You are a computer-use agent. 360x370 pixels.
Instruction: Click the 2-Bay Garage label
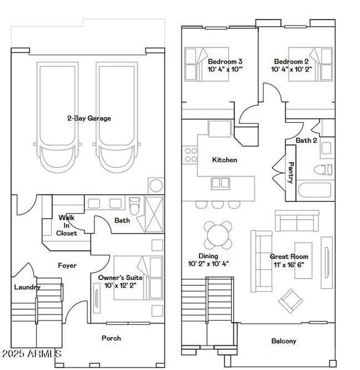click(x=89, y=118)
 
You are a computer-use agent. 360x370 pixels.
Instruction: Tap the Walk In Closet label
click(x=67, y=225)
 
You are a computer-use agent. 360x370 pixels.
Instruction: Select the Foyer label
click(x=67, y=266)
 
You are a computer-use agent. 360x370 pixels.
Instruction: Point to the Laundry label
click(x=27, y=287)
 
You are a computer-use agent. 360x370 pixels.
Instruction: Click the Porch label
click(x=111, y=338)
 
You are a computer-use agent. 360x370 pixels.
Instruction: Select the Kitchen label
click(x=224, y=160)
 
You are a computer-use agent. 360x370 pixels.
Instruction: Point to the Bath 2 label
click(x=306, y=141)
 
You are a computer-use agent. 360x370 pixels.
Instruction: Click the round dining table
click(x=219, y=235)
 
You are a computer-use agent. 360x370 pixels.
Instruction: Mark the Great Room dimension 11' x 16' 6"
click(x=289, y=264)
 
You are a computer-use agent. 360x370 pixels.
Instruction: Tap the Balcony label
click(x=284, y=341)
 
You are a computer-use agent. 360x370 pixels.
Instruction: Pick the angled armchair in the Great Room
click(x=291, y=300)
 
